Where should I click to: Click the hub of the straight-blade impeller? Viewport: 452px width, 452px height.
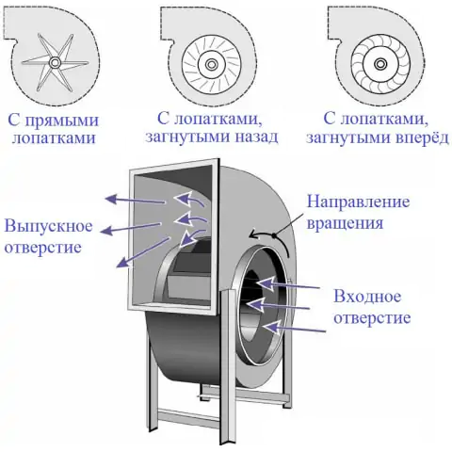tap(55, 63)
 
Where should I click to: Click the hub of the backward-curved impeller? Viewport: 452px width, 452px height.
tap(211, 65)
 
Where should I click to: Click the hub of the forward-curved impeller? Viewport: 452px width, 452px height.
tap(380, 64)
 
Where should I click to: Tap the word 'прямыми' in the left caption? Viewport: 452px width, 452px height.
tap(62, 121)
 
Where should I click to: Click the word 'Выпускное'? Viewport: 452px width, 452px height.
tap(49, 227)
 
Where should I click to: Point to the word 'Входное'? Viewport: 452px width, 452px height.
tap(367, 297)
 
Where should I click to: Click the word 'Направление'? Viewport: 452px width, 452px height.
tap(359, 202)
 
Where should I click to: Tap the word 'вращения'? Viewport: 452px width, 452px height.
tap(345, 224)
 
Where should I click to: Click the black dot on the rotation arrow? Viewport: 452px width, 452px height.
tap(275, 235)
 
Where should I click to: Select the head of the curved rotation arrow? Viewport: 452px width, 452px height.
tap(253, 234)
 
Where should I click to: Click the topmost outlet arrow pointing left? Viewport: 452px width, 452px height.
tap(135, 201)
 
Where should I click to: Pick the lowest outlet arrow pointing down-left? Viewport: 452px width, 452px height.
tap(143, 252)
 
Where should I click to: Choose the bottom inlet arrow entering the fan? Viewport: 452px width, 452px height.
tap(295, 328)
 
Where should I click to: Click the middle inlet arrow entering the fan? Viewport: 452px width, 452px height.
tap(279, 305)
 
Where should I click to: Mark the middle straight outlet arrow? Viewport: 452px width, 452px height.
tap(132, 228)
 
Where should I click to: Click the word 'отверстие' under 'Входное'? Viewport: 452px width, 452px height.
tap(372, 318)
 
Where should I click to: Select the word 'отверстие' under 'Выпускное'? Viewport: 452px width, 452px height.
tap(43, 248)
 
